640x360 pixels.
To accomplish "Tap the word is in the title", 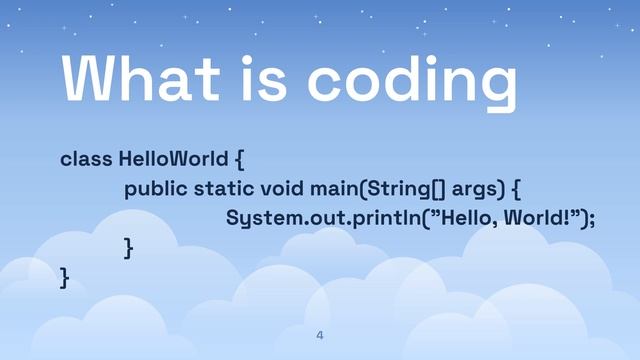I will (x=270, y=78).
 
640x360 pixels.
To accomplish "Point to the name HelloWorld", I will (x=173, y=159).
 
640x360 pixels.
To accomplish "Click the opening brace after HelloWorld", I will (x=239, y=160).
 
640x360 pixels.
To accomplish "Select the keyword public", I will (x=155, y=189).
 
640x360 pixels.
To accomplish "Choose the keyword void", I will (x=282, y=189).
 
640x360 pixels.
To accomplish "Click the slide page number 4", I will (x=320, y=335).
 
